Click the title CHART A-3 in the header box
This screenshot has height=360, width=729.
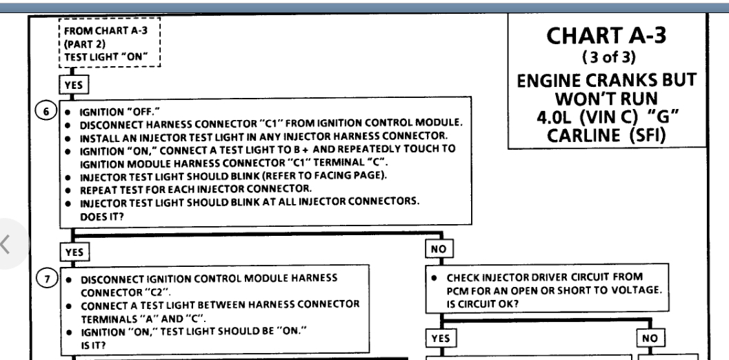pos(608,36)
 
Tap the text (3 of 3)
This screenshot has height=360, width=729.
pos(607,57)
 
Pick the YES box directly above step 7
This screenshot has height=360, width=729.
pos(74,252)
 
